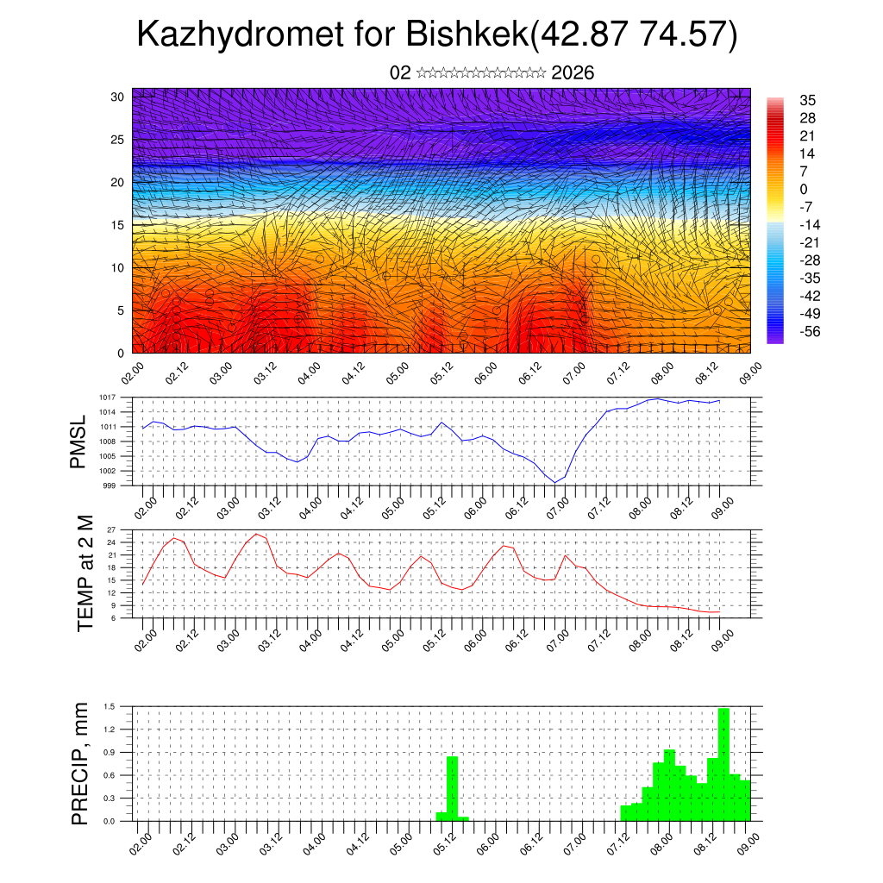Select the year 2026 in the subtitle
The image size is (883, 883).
[573, 72]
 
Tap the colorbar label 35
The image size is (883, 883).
[808, 100]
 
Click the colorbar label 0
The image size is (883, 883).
[804, 189]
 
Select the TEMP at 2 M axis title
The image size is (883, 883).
[85, 573]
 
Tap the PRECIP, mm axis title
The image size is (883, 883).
[80, 764]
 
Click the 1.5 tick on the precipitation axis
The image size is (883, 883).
[110, 706]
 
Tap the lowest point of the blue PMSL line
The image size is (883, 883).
[554, 482]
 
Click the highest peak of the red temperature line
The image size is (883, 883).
[256, 534]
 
